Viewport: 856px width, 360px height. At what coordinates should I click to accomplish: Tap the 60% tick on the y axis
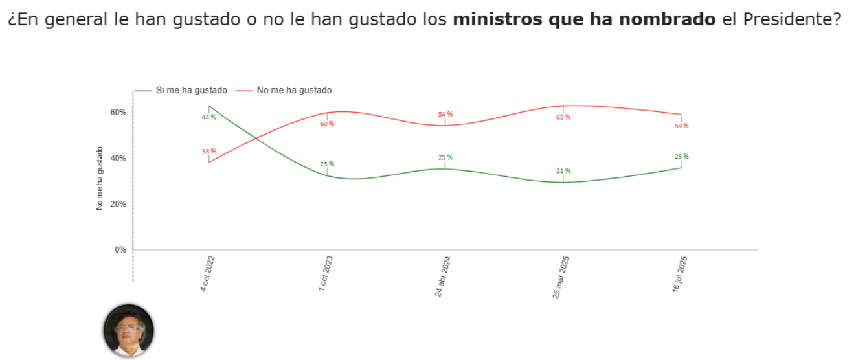click(118, 112)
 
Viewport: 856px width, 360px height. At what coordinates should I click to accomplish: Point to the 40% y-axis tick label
click(118, 158)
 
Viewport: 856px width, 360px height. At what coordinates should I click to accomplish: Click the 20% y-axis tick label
click(118, 204)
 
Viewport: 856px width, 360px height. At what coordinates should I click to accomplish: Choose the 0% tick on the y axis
click(120, 250)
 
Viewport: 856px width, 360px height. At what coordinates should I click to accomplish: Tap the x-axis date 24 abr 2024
click(444, 276)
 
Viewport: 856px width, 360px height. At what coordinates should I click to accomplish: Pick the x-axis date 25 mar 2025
click(561, 276)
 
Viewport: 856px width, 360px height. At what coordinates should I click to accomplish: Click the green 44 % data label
click(208, 117)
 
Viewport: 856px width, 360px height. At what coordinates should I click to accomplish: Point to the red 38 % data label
click(208, 152)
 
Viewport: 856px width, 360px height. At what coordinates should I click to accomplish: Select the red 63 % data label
click(563, 117)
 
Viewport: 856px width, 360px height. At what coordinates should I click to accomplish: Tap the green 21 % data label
click(563, 171)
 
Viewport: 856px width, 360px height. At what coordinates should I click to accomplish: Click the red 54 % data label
click(445, 115)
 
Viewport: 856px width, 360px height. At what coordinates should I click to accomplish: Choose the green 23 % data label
click(327, 164)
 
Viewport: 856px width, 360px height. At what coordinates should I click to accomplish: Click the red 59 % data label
click(681, 126)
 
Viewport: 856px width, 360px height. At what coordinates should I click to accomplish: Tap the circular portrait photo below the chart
click(129, 330)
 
